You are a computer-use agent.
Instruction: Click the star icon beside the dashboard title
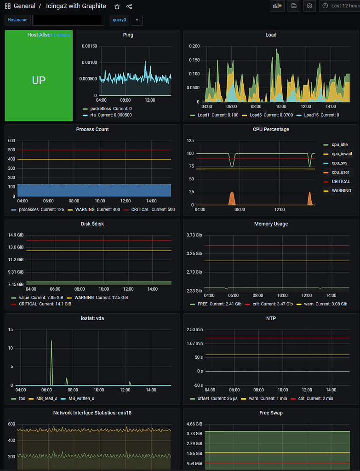117,6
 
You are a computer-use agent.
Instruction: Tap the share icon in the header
129,6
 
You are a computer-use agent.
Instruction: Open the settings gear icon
309,6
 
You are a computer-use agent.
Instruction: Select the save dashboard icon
294,6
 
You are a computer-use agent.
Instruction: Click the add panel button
277,6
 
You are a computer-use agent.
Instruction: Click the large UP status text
39,80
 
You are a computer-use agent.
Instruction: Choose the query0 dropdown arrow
137,20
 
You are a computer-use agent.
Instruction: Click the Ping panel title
128,35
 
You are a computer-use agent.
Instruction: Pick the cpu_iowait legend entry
342,154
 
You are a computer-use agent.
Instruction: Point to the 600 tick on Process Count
11,141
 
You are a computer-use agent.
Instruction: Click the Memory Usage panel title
271,224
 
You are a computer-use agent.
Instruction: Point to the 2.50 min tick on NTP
194,329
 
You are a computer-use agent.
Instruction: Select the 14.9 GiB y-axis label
16,235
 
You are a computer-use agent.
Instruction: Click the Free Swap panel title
271,413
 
